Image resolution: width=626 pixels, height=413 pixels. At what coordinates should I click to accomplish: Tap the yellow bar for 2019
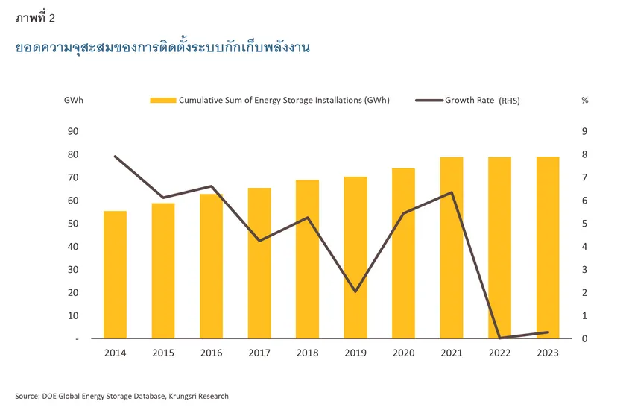355,257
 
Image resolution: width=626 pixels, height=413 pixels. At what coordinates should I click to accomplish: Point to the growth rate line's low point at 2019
355,291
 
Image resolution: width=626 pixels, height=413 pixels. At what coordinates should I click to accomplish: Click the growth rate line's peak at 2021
452,192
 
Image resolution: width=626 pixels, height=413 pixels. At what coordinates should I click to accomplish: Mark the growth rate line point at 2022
500,338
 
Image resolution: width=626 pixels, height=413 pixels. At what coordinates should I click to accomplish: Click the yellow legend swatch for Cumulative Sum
163,101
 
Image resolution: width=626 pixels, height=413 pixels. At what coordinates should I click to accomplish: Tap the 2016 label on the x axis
211,353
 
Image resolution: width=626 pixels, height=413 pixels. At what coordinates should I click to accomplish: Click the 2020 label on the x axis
403,353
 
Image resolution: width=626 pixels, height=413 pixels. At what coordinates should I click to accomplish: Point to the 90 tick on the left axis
73,131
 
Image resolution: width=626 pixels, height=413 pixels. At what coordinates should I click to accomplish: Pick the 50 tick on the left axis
73,224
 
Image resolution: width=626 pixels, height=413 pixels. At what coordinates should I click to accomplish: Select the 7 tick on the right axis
585,177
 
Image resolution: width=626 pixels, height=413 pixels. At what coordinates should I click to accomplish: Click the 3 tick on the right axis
585,270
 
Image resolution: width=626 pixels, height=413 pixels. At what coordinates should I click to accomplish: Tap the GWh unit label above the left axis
74,101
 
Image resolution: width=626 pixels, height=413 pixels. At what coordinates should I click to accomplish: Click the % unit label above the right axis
585,101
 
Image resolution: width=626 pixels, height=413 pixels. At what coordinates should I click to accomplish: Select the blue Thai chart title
162,48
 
